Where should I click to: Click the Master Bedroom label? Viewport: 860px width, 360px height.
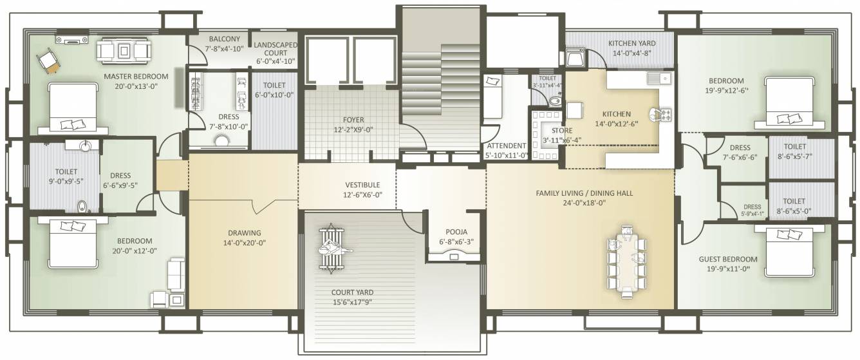136,77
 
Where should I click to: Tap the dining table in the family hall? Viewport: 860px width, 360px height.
627,265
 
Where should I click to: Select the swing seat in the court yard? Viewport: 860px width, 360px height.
332,249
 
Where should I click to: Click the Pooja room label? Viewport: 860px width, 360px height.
456,232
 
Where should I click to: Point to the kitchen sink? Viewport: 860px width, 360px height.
659,79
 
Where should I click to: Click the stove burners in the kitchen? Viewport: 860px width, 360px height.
666,114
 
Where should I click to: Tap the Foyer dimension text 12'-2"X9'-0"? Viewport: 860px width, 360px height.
353,130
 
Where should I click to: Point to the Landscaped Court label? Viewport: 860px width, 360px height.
276,49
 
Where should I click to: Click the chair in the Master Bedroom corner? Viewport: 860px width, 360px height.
48,61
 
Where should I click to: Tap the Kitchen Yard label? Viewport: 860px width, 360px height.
632,43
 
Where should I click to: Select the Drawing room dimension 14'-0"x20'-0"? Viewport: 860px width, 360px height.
245,243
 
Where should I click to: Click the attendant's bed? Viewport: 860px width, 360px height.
492,97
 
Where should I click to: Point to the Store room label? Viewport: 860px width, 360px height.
562,131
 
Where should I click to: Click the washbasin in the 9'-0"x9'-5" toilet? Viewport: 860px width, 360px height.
84,146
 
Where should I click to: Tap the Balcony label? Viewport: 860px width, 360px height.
225,39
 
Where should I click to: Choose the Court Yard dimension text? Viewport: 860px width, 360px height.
353,302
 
